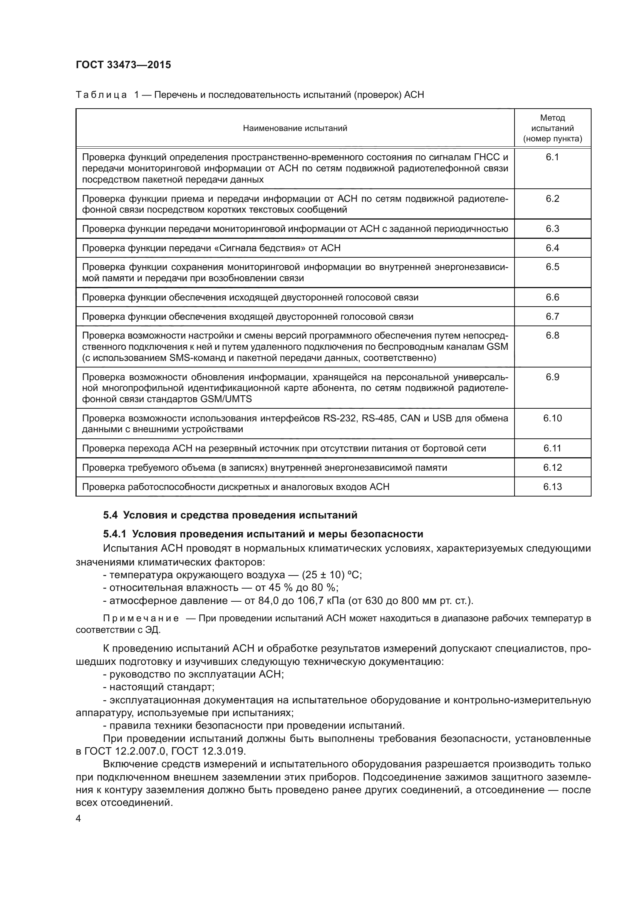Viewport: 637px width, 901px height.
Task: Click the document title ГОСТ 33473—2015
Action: [123, 65]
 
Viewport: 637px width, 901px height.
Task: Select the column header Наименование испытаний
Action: [295, 128]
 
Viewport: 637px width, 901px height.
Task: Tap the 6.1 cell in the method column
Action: [552, 158]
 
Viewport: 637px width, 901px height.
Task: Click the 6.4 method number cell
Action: [552, 248]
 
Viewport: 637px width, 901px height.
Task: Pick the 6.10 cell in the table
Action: [552, 418]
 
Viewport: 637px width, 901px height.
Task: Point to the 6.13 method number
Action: [552, 487]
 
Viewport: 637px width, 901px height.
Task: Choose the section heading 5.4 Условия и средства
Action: [230, 515]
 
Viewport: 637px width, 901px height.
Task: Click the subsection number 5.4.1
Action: [114, 534]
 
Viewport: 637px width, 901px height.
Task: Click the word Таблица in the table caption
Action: [101, 95]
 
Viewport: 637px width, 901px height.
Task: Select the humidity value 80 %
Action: [324, 588]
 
